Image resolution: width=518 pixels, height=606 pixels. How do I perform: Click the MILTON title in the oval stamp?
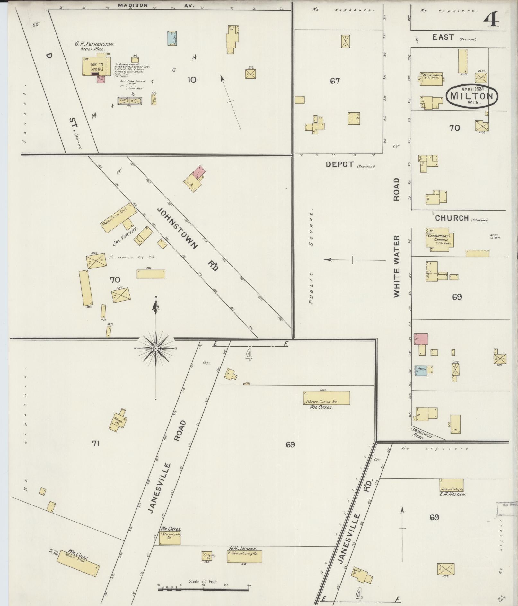[472, 96]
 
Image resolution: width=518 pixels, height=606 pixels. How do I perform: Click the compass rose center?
[156, 348]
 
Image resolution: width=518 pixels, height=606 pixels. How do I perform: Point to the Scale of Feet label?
[204, 582]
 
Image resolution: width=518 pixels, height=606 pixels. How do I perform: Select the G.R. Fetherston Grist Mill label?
[94, 46]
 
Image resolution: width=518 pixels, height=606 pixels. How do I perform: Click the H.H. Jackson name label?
[242, 549]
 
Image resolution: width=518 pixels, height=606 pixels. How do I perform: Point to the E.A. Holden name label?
[453, 495]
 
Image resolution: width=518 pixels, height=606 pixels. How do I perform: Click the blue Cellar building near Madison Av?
[172, 38]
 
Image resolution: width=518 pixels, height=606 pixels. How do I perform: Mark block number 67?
[335, 81]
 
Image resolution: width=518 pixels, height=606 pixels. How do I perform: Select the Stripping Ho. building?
[207, 556]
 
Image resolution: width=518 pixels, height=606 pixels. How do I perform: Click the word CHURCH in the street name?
[452, 218]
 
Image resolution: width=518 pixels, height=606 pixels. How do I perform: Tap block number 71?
[95, 444]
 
